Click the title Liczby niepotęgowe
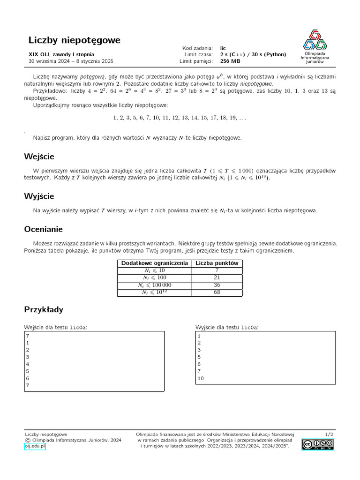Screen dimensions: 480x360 click(x=74, y=40)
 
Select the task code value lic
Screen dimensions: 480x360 click(x=223, y=48)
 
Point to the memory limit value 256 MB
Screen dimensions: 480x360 click(x=230, y=61)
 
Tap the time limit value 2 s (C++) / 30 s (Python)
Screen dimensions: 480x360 click(x=253, y=54)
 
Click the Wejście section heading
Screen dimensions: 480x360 click(x=39, y=156)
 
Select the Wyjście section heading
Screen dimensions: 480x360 click(x=39, y=196)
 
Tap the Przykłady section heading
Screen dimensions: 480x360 click(x=43, y=309)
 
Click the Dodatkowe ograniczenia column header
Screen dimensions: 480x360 click(x=154, y=263)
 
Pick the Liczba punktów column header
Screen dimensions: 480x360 click(x=217, y=263)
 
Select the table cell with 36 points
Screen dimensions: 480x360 click(x=217, y=285)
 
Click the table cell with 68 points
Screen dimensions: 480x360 click(x=217, y=292)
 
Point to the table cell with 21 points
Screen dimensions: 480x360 click(x=217, y=277)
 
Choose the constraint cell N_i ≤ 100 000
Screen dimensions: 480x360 click(x=154, y=285)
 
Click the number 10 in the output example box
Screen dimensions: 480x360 click(x=201, y=378)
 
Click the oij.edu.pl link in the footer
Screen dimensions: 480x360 click(x=35, y=446)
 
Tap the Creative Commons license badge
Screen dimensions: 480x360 click(x=317, y=444)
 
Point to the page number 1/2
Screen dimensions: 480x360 click(x=329, y=435)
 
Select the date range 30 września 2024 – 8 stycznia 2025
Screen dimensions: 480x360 click(x=71, y=61)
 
